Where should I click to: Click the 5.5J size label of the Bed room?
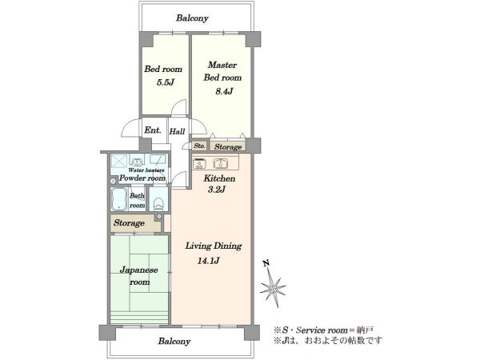166,82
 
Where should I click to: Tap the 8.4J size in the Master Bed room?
224,91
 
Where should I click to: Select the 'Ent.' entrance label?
153,130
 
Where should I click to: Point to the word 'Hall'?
178,131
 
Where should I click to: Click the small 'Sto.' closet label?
199,146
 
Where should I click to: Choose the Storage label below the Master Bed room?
228,147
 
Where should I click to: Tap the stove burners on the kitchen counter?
199,163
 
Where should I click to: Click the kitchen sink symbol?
220,163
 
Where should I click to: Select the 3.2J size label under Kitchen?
217,190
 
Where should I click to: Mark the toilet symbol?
158,203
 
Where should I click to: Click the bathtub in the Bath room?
119,198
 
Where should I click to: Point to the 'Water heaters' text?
146,170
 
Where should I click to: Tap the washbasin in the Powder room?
137,161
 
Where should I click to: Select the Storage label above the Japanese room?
129,223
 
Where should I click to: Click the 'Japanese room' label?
139,276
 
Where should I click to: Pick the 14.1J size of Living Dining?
209,261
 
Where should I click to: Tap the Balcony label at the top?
192,18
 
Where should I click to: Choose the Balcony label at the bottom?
174,342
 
